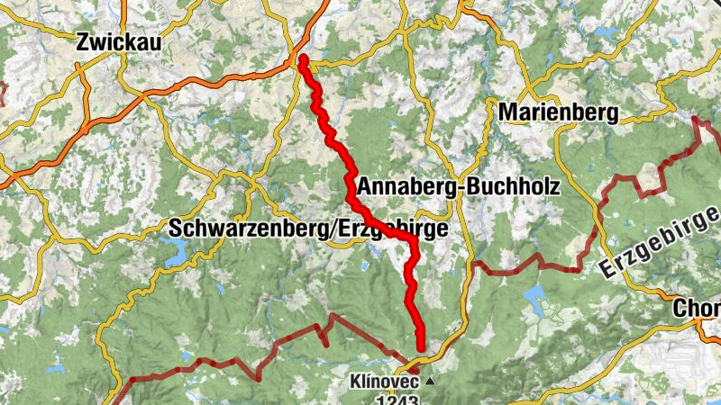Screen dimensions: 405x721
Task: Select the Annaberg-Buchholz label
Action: pos(459,186)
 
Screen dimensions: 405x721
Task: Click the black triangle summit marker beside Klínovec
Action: pos(430,382)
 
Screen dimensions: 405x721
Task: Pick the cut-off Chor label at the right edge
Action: pos(698,309)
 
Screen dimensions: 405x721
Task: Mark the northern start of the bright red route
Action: pos(303,60)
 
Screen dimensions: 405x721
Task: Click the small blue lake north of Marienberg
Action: pos(602,33)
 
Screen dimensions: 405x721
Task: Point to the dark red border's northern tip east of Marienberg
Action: pos(696,120)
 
